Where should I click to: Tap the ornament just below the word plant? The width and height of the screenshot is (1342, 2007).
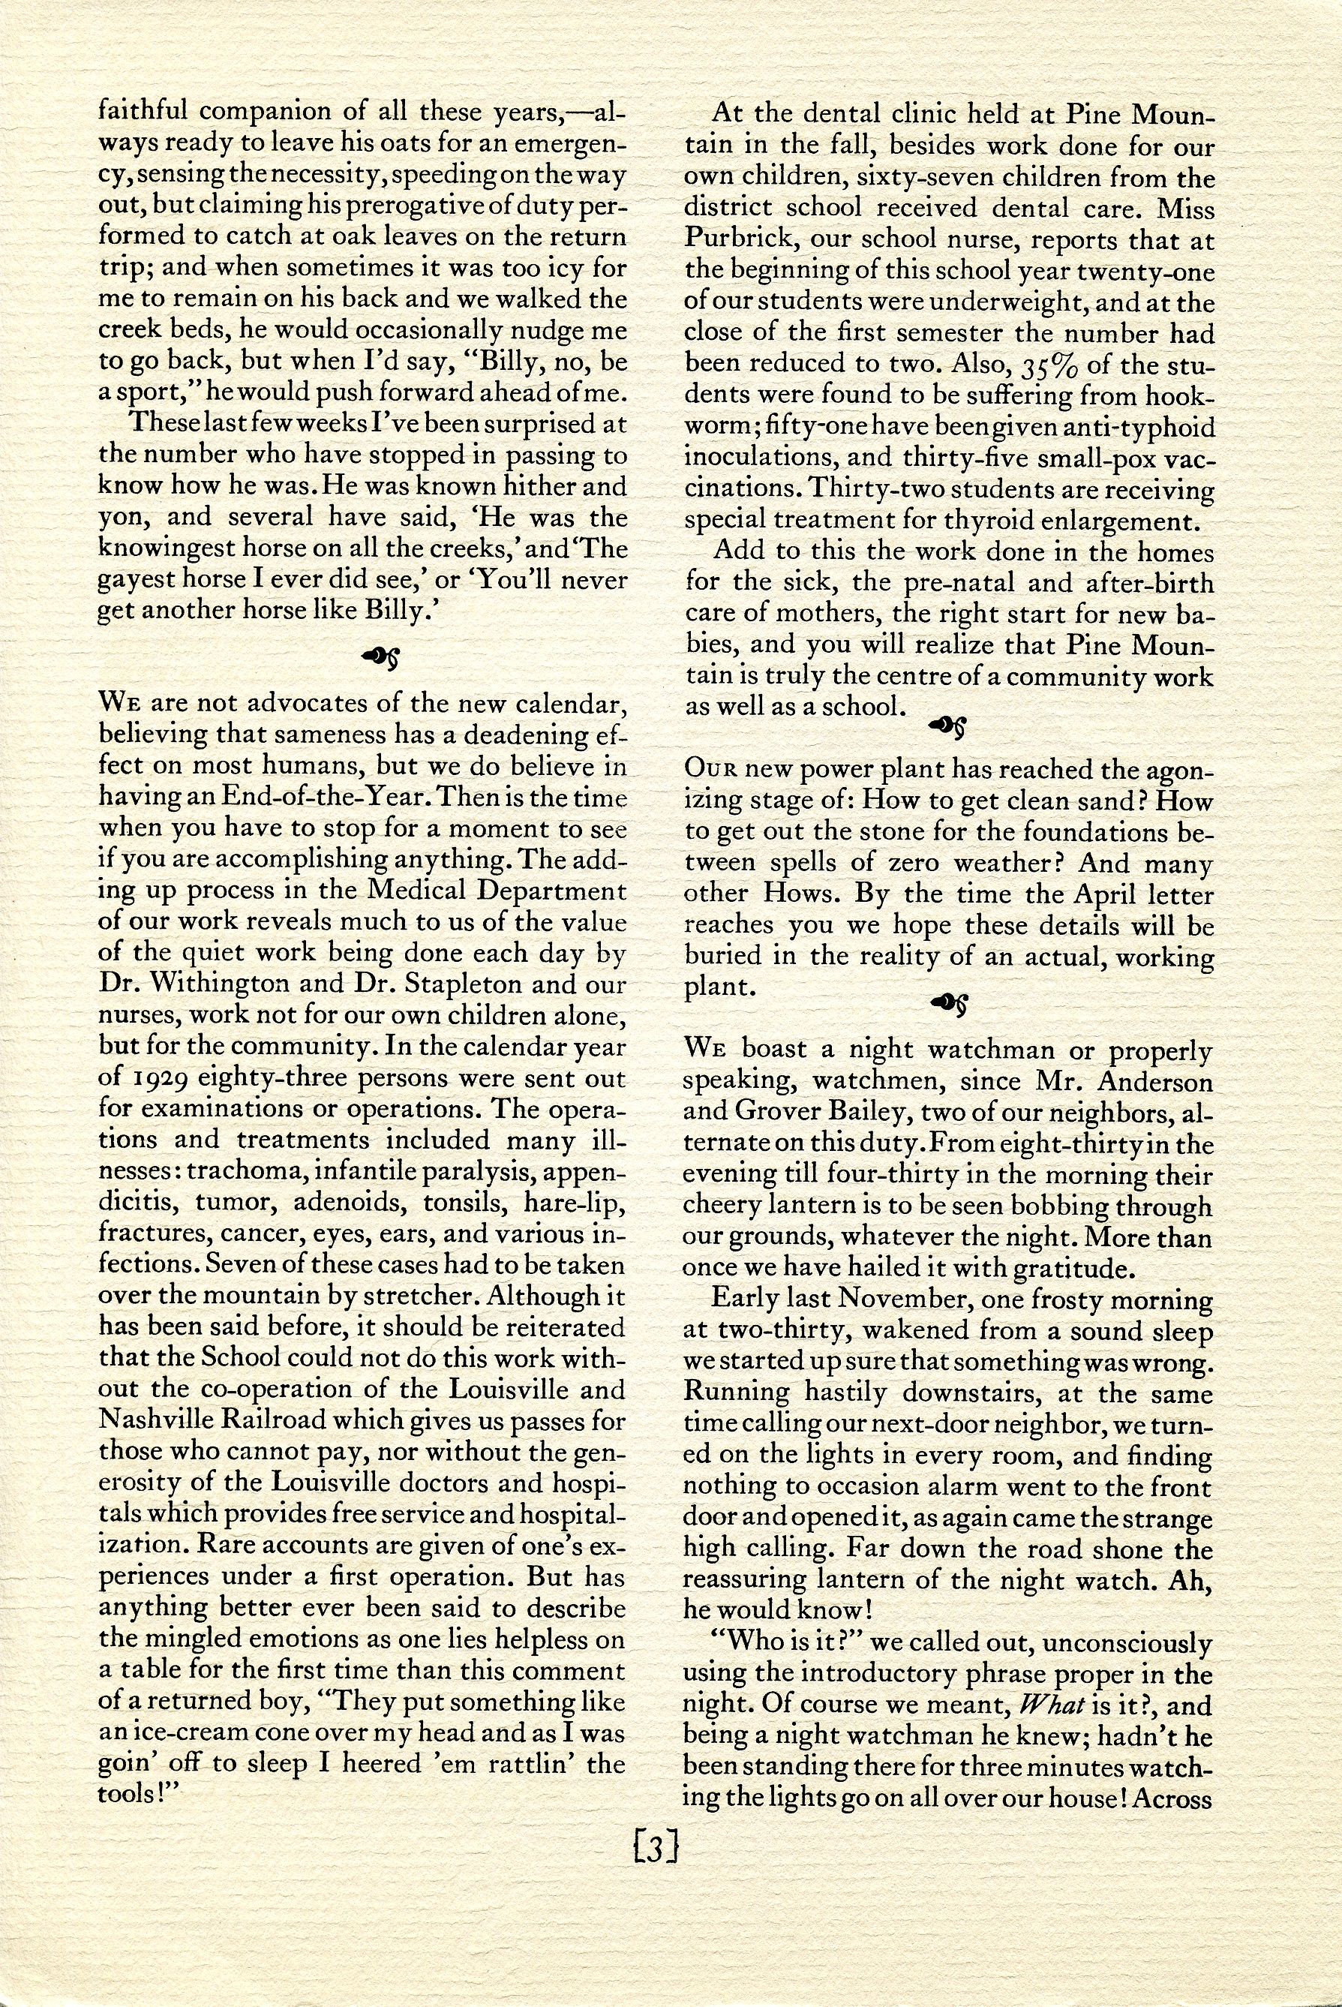tap(950, 1002)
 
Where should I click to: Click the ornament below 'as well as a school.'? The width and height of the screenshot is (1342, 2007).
tap(950, 726)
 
